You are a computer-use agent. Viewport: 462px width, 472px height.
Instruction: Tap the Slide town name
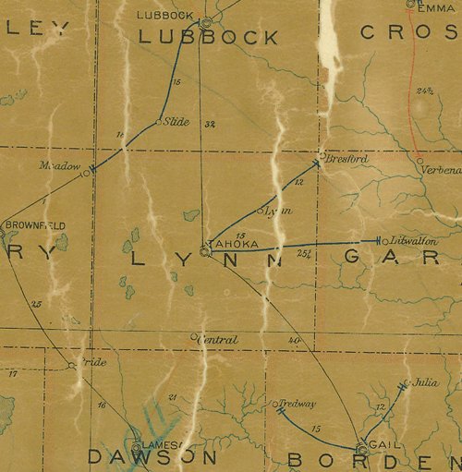coord(176,121)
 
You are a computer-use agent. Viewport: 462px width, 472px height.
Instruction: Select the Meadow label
coord(60,165)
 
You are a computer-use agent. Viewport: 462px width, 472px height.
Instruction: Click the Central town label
coord(218,340)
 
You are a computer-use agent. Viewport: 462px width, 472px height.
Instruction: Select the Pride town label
coord(93,363)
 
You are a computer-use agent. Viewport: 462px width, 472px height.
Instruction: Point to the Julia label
coord(425,381)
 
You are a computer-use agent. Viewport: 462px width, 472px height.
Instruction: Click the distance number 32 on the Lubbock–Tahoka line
coord(211,125)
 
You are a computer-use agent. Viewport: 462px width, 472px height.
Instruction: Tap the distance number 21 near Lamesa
coord(172,397)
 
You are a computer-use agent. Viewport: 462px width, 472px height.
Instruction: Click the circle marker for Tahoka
coord(203,250)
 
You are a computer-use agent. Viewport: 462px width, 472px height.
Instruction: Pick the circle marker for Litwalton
coord(386,239)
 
